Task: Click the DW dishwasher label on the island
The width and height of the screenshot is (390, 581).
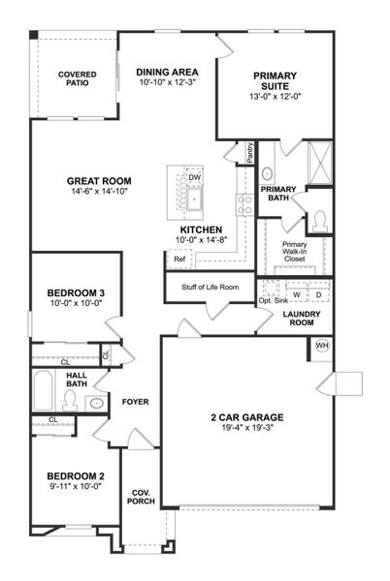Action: (x=194, y=177)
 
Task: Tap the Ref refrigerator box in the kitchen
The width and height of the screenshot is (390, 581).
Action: (x=179, y=260)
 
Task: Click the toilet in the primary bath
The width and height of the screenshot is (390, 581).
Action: (x=319, y=221)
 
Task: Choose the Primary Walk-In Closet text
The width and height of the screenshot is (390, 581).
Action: (x=295, y=252)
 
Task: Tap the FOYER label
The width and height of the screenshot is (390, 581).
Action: (x=135, y=401)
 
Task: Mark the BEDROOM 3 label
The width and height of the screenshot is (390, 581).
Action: (x=75, y=298)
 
